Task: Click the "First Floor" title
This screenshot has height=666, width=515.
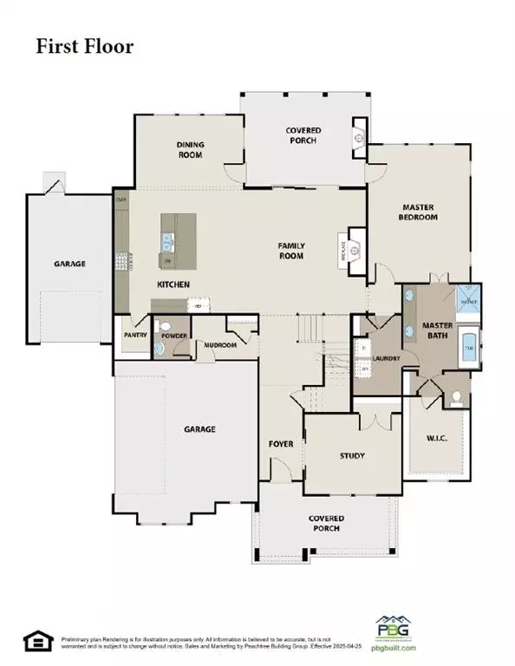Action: (x=84, y=45)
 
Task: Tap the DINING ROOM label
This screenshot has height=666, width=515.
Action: (x=190, y=149)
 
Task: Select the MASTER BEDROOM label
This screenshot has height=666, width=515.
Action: (x=418, y=212)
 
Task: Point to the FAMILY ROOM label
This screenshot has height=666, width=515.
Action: (x=291, y=251)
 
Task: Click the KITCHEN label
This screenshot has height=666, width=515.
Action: (x=173, y=284)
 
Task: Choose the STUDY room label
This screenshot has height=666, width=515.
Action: (x=352, y=455)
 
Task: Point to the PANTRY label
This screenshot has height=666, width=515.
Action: (x=134, y=334)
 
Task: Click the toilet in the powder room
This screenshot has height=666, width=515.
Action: (x=160, y=346)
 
